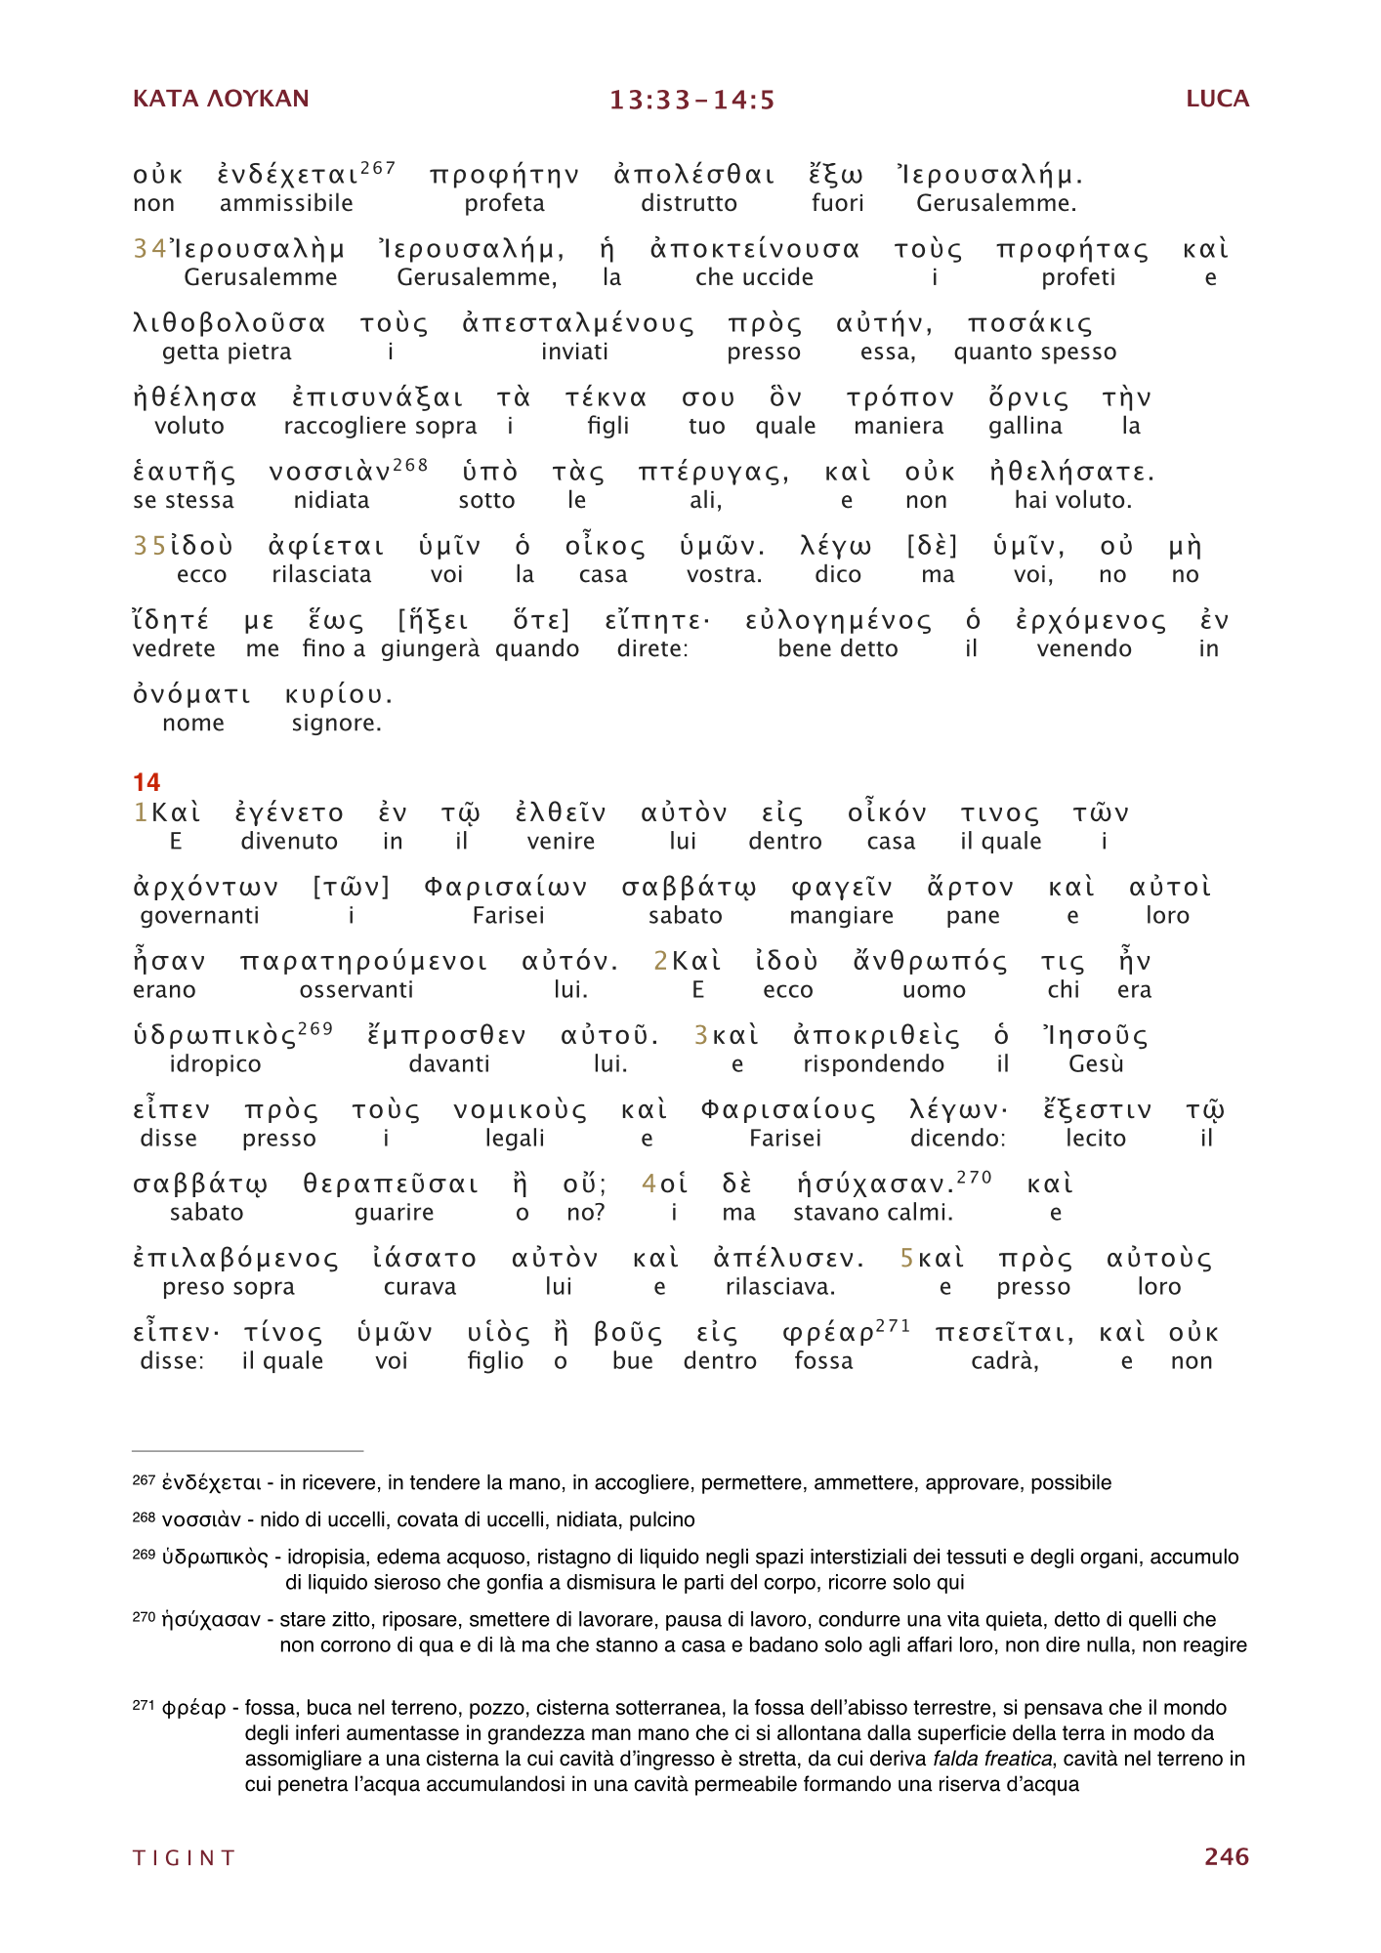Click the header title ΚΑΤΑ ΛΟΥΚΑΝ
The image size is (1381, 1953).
click(x=221, y=99)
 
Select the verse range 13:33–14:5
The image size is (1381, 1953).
click(x=691, y=100)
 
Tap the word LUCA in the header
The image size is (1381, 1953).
click(x=1217, y=99)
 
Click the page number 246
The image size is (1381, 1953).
click(x=1226, y=1856)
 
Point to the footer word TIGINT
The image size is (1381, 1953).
click(x=185, y=1857)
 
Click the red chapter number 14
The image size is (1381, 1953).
click(x=146, y=782)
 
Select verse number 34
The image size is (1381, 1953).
click(x=149, y=250)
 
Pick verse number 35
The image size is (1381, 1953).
click(x=149, y=547)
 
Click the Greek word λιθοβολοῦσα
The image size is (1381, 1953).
click(x=230, y=324)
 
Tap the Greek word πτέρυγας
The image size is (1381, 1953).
click(x=713, y=474)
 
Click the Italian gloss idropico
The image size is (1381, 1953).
click(x=215, y=1063)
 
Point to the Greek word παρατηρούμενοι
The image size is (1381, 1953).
click(x=363, y=962)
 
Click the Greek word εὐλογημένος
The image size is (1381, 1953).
click(x=838, y=622)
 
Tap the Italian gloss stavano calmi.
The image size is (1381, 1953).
click(x=872, y=1213)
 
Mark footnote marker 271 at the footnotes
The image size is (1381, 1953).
click(x=144, y=1705)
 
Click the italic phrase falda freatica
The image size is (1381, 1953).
click(x=992, y=1759)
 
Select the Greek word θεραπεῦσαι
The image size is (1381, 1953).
click(x=391, y=1184)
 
